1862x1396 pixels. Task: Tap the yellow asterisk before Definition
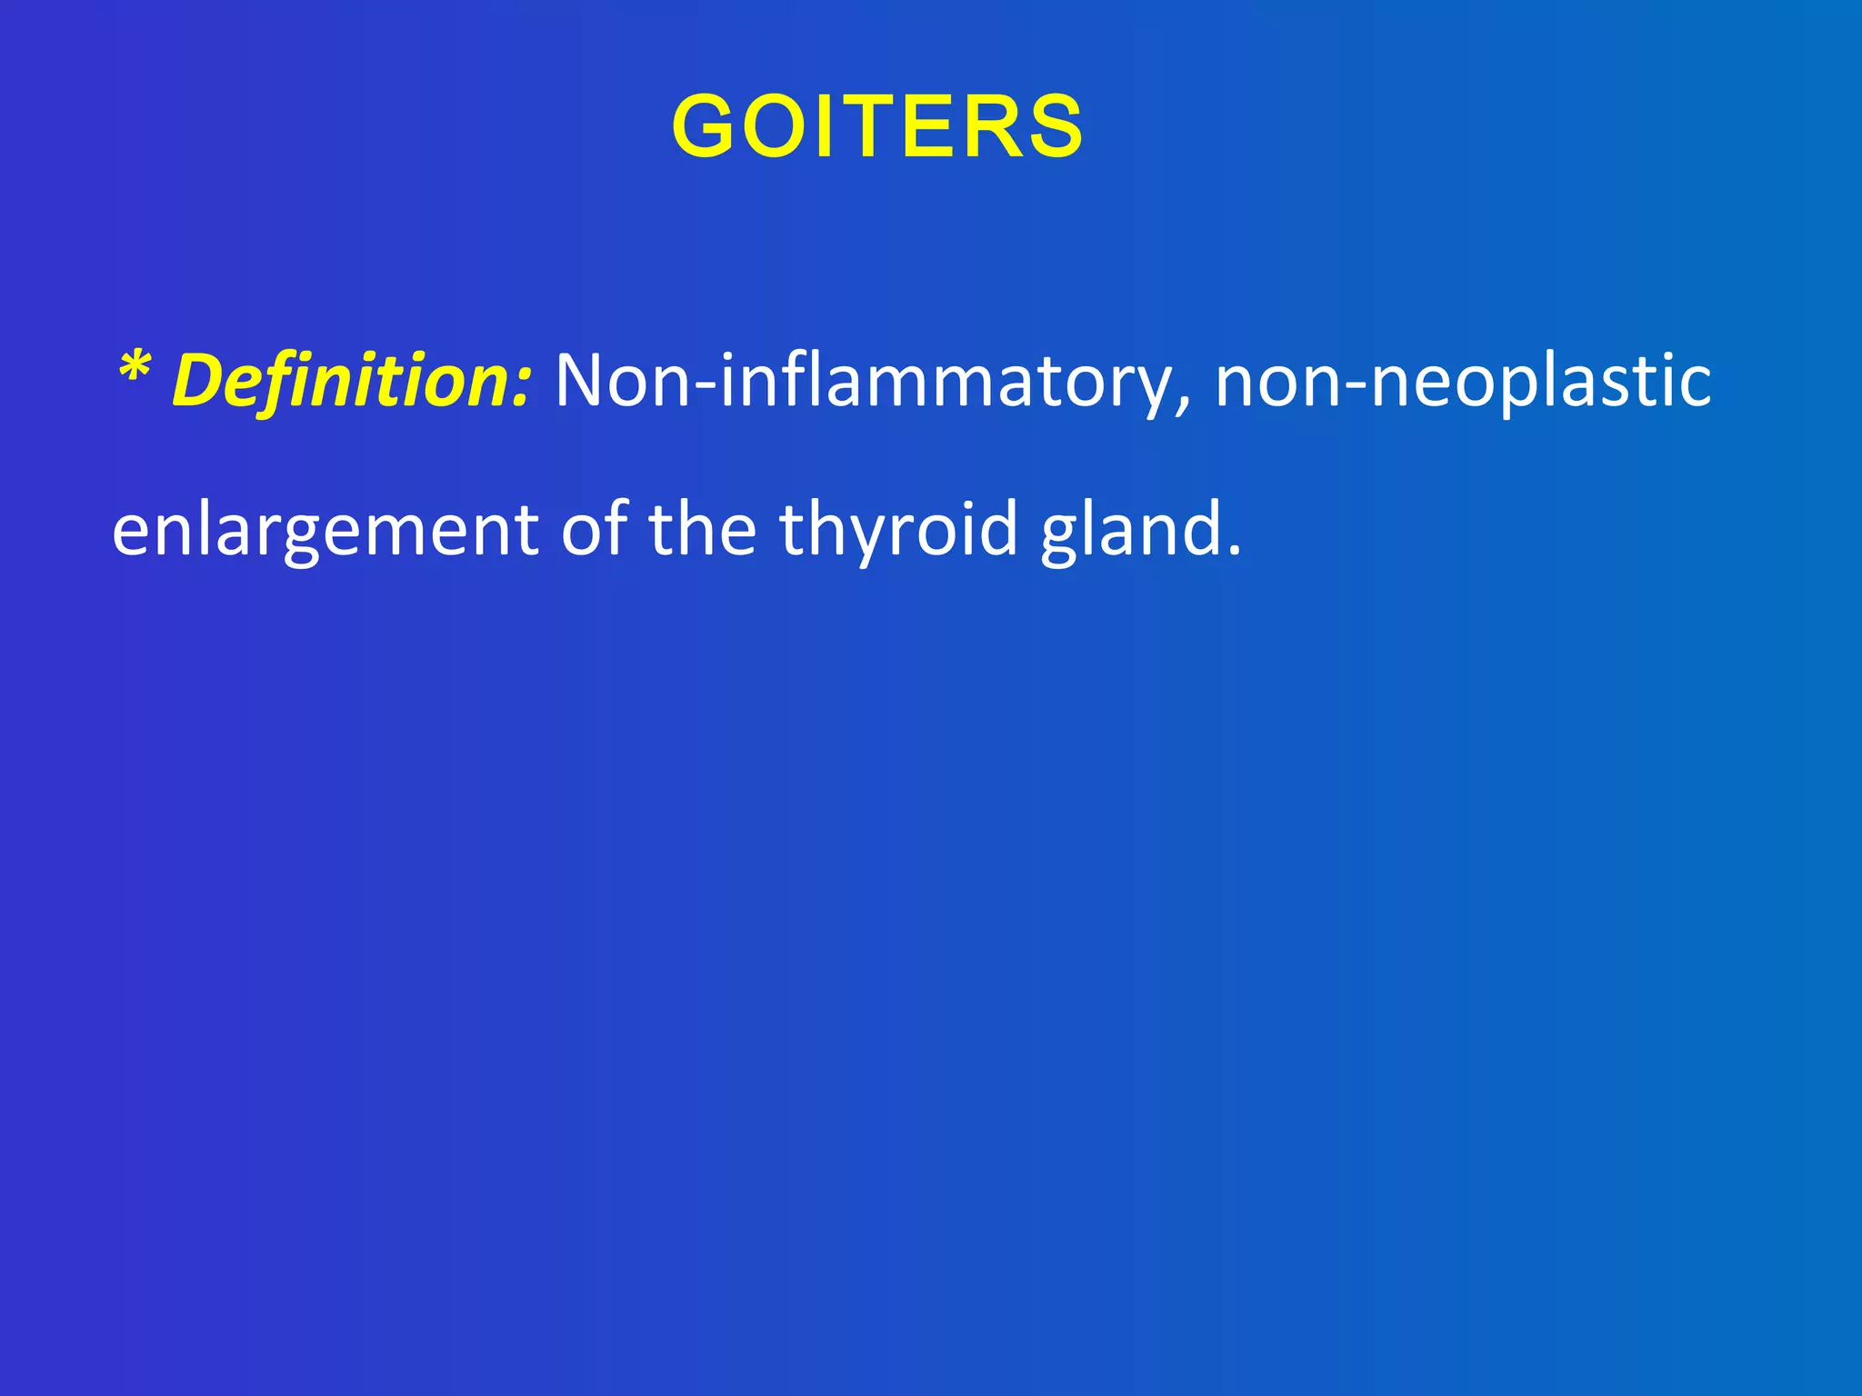click(x=135, y=368)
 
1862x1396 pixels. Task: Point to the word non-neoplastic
click(x=1463, y=380)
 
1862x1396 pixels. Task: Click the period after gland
click(x=1234, y=549)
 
